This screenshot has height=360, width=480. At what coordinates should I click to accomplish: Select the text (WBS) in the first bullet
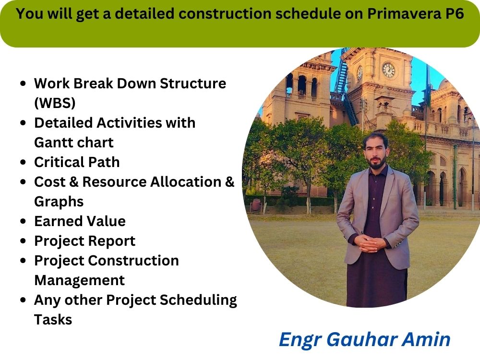(55, 103)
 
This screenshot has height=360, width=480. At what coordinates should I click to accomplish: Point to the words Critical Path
(77, 162)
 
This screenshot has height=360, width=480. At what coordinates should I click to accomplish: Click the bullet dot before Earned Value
(24, 221)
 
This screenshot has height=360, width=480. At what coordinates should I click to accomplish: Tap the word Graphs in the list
(59, 202)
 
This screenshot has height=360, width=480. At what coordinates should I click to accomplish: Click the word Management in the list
(79, 280)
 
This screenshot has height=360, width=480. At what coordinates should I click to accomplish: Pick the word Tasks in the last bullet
(53, 320)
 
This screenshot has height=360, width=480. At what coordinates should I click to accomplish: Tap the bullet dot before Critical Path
(24, 162)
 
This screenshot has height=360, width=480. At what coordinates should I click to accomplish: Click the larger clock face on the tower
(388, 70)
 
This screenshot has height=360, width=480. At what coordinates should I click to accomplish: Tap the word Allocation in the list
(184, 182)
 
